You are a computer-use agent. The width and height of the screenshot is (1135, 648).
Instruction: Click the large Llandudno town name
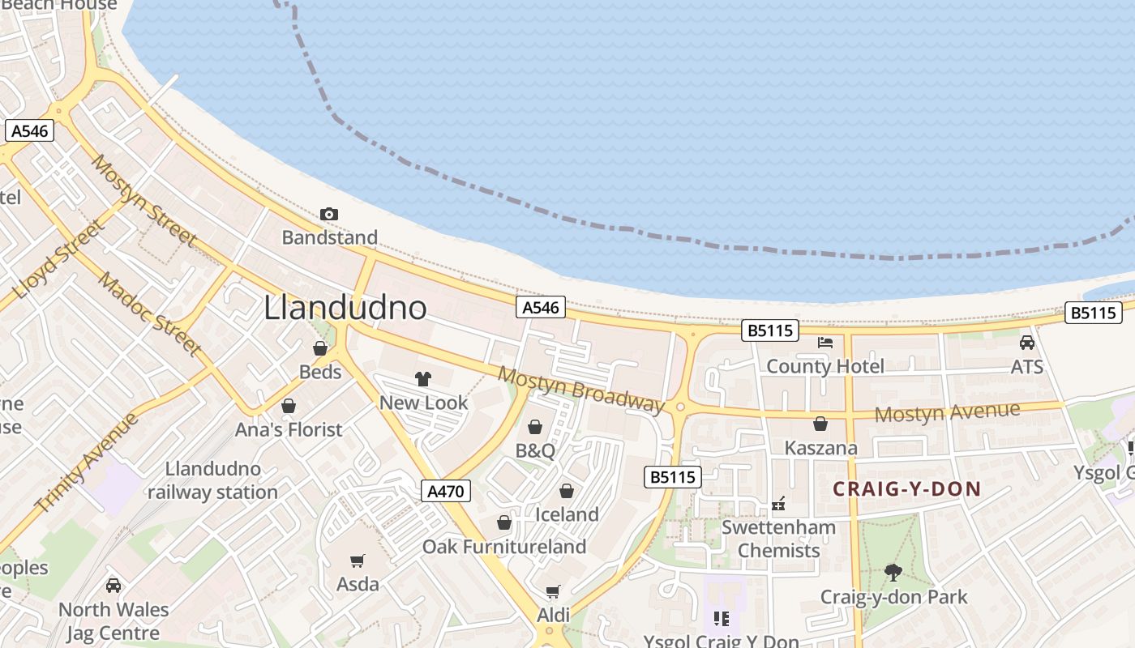coord(345,308)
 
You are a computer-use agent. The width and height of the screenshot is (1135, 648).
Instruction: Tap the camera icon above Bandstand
coord(328,214)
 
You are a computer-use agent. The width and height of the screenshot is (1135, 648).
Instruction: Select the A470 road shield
coord(446,491)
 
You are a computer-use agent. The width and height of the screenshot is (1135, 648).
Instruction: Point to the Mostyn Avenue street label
coord(947,412)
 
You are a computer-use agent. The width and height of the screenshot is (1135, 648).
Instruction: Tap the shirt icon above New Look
coord(422,379)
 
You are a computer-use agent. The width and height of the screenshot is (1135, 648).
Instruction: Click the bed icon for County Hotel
coord(825,343)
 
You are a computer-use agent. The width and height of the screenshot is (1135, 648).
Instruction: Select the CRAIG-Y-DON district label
coord(906,489)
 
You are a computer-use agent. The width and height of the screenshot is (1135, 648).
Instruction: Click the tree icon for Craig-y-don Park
coord(893,573)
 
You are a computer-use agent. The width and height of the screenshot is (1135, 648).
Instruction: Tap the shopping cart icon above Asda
coord(357,561)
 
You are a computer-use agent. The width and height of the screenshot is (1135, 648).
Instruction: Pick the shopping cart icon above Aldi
coord(553,592)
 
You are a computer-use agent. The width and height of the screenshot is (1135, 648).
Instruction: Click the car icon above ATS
coord(1026,343)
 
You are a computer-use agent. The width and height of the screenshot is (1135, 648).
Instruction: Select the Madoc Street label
coord(150,313)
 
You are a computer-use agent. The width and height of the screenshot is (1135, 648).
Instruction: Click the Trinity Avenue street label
coord(86,462)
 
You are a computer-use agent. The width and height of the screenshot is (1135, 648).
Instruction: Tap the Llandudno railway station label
coord(212,480)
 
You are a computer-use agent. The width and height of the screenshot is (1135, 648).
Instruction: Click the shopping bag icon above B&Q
coord(535,427)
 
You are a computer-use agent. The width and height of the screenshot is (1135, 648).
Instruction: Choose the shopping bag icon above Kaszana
coord(820,424)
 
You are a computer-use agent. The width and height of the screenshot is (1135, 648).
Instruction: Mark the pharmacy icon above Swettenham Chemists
coord(778,505)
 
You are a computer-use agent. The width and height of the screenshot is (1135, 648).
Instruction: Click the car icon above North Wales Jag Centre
coord(113,585)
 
